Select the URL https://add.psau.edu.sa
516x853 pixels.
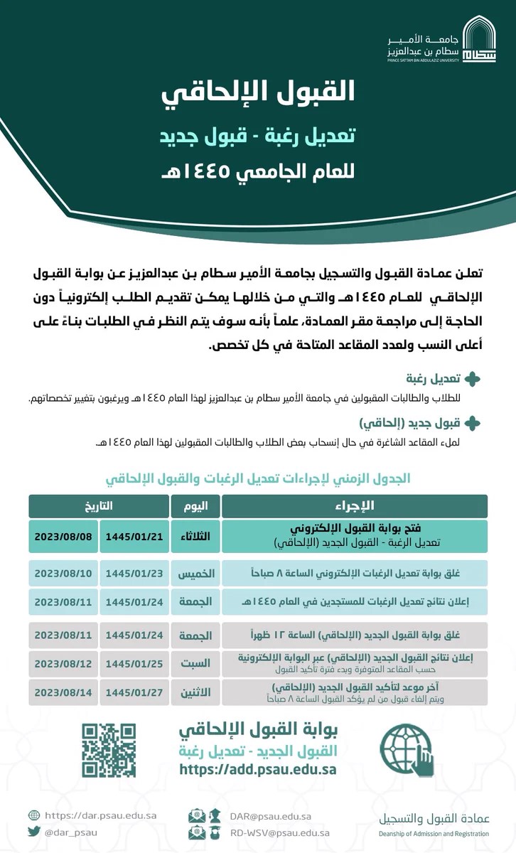click(x=258, y=769)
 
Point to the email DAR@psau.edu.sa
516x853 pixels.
click(x=270, y=816)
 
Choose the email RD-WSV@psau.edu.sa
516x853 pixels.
click(x=279, y=833)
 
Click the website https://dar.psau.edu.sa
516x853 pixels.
click(x=100, y=815)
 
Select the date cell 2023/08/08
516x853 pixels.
click(x=63, y=536)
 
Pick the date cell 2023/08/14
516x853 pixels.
click(x=63, y=692)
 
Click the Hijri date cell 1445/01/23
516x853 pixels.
click(x=134, y=573)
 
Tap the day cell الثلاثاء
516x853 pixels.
click(x=195, y=536)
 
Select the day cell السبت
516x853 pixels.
click(x=195, y=662)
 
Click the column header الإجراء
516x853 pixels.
click(x=354, y=505)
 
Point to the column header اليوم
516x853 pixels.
click(x=195, y=505)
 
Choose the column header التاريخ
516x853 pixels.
click(x=98, y=505)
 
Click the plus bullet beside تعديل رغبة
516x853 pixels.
click(x=471, y=379)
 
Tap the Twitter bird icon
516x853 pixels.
click(x=34, y=832)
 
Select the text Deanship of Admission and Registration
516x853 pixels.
click(x=434, y=834)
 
